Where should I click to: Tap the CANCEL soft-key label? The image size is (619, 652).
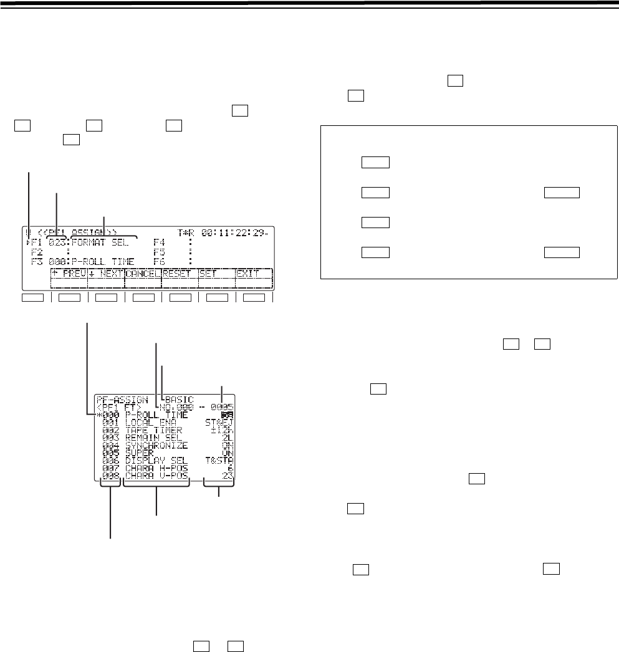pyautogui.click(x=143, y=273)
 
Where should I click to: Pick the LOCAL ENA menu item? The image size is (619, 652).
pyautogui.click(x=150, y=423)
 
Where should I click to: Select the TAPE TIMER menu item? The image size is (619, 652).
pyautogui.click(x=150, y=431)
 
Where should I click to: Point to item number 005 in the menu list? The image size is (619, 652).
pyautogui.click(x=110, y=454)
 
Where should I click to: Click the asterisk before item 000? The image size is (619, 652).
pyautogui.click(x=98, y=415)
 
